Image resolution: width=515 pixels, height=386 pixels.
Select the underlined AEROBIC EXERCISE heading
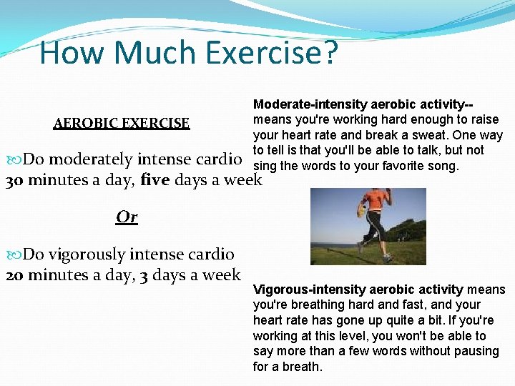[x=122, y=124]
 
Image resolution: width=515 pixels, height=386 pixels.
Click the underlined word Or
[x=127, y=217]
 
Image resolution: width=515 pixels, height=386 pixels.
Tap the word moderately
[x=91, y=159]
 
